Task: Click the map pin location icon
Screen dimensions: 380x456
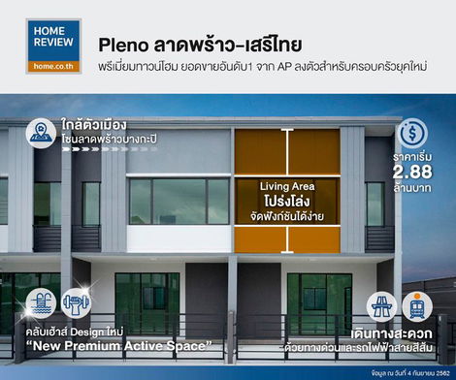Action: (41, 132)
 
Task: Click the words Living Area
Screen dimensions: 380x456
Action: (286, 186)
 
